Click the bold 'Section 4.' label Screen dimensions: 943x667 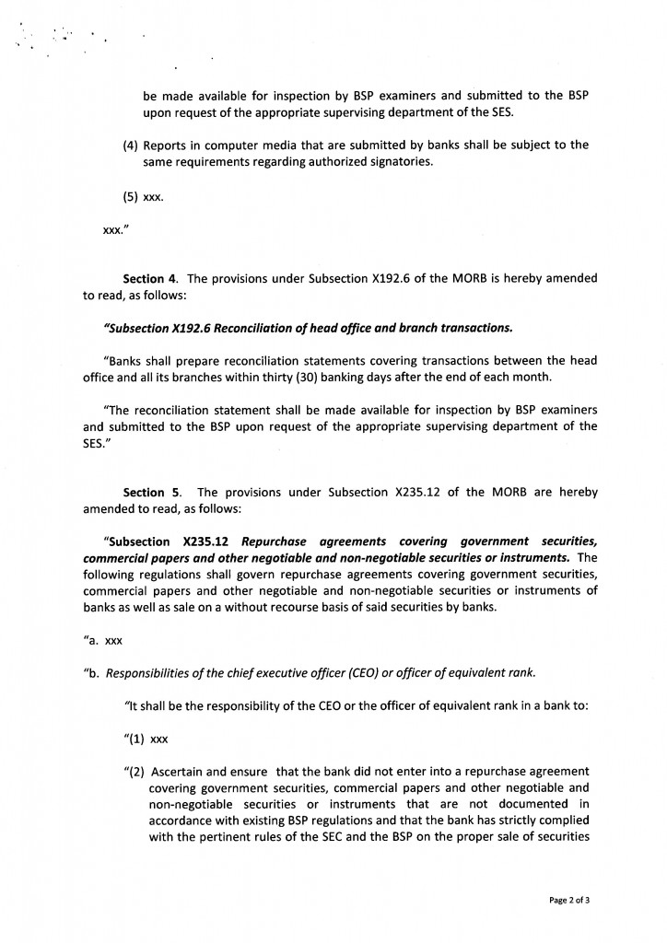point(152,278)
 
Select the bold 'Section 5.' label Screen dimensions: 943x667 point(152,493)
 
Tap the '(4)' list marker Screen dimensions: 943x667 point(132,146)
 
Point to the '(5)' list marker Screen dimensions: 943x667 point(132,196)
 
